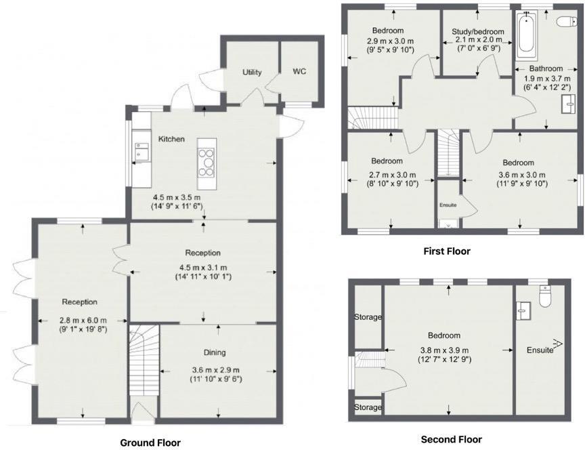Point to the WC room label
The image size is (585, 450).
coord(300,72)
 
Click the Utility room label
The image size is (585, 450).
coord(253,73)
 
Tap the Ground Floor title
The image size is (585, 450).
coord(150,443)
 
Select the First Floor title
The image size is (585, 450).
coord(447,251)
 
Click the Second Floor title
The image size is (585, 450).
coord(452,440)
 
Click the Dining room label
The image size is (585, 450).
coord(215,352)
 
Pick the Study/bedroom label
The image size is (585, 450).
coord(478,31)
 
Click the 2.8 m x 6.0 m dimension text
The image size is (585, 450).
coord(83,321)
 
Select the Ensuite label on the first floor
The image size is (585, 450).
coord(448,205)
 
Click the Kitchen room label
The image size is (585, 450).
coord(171,139)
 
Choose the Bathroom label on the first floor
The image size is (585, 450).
coord(546,68)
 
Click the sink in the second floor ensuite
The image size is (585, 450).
coord(523,310)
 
